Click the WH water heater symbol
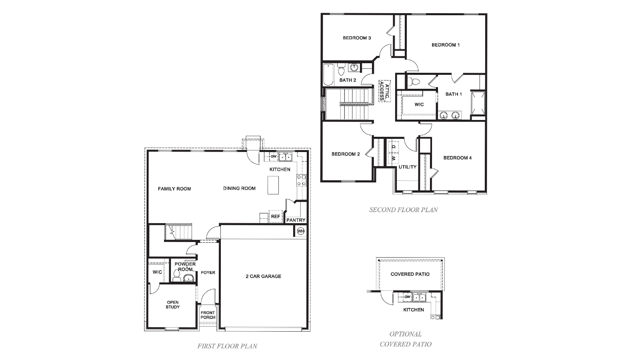(x=300, y=231)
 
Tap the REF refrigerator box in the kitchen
(x=275, y=216)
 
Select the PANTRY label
(x=296, y=220)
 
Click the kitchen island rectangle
(x=273, y=186)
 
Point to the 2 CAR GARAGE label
(x=263, y=276)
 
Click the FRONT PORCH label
(x=208, y=315)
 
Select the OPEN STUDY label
(x=173, y=305)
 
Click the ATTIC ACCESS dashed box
(x=384, y=91)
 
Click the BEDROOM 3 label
(x=357, y=38)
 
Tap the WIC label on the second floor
(x=419, y=104)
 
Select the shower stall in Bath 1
(x=478, y=104)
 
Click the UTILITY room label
(x=407, y=167)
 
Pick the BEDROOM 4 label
(x=457, y=158)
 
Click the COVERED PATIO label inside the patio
(x=410, y=274)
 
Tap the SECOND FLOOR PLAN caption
(x=404, y=210)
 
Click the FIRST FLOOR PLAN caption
(x=227, y=346)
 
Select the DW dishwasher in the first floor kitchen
(x=273, y=156)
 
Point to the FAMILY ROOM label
(x=174, y=189)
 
